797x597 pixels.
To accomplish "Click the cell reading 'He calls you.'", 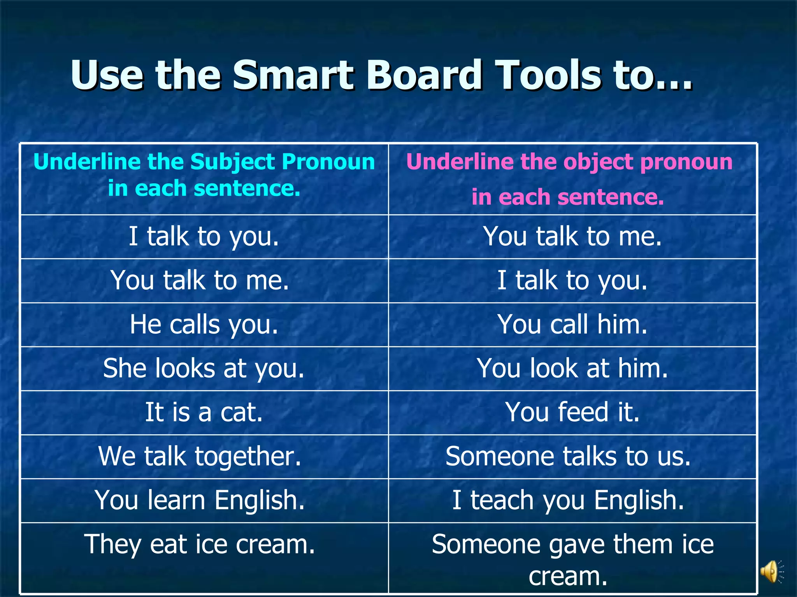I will (x=204, y=325).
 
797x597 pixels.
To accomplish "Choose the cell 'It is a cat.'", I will (x=204, y=412).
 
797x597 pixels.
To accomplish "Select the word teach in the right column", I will (x=502, y=500).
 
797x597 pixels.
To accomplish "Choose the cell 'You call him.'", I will (x=572, y=325).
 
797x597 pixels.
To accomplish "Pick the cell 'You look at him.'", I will (x=572, y=368).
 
